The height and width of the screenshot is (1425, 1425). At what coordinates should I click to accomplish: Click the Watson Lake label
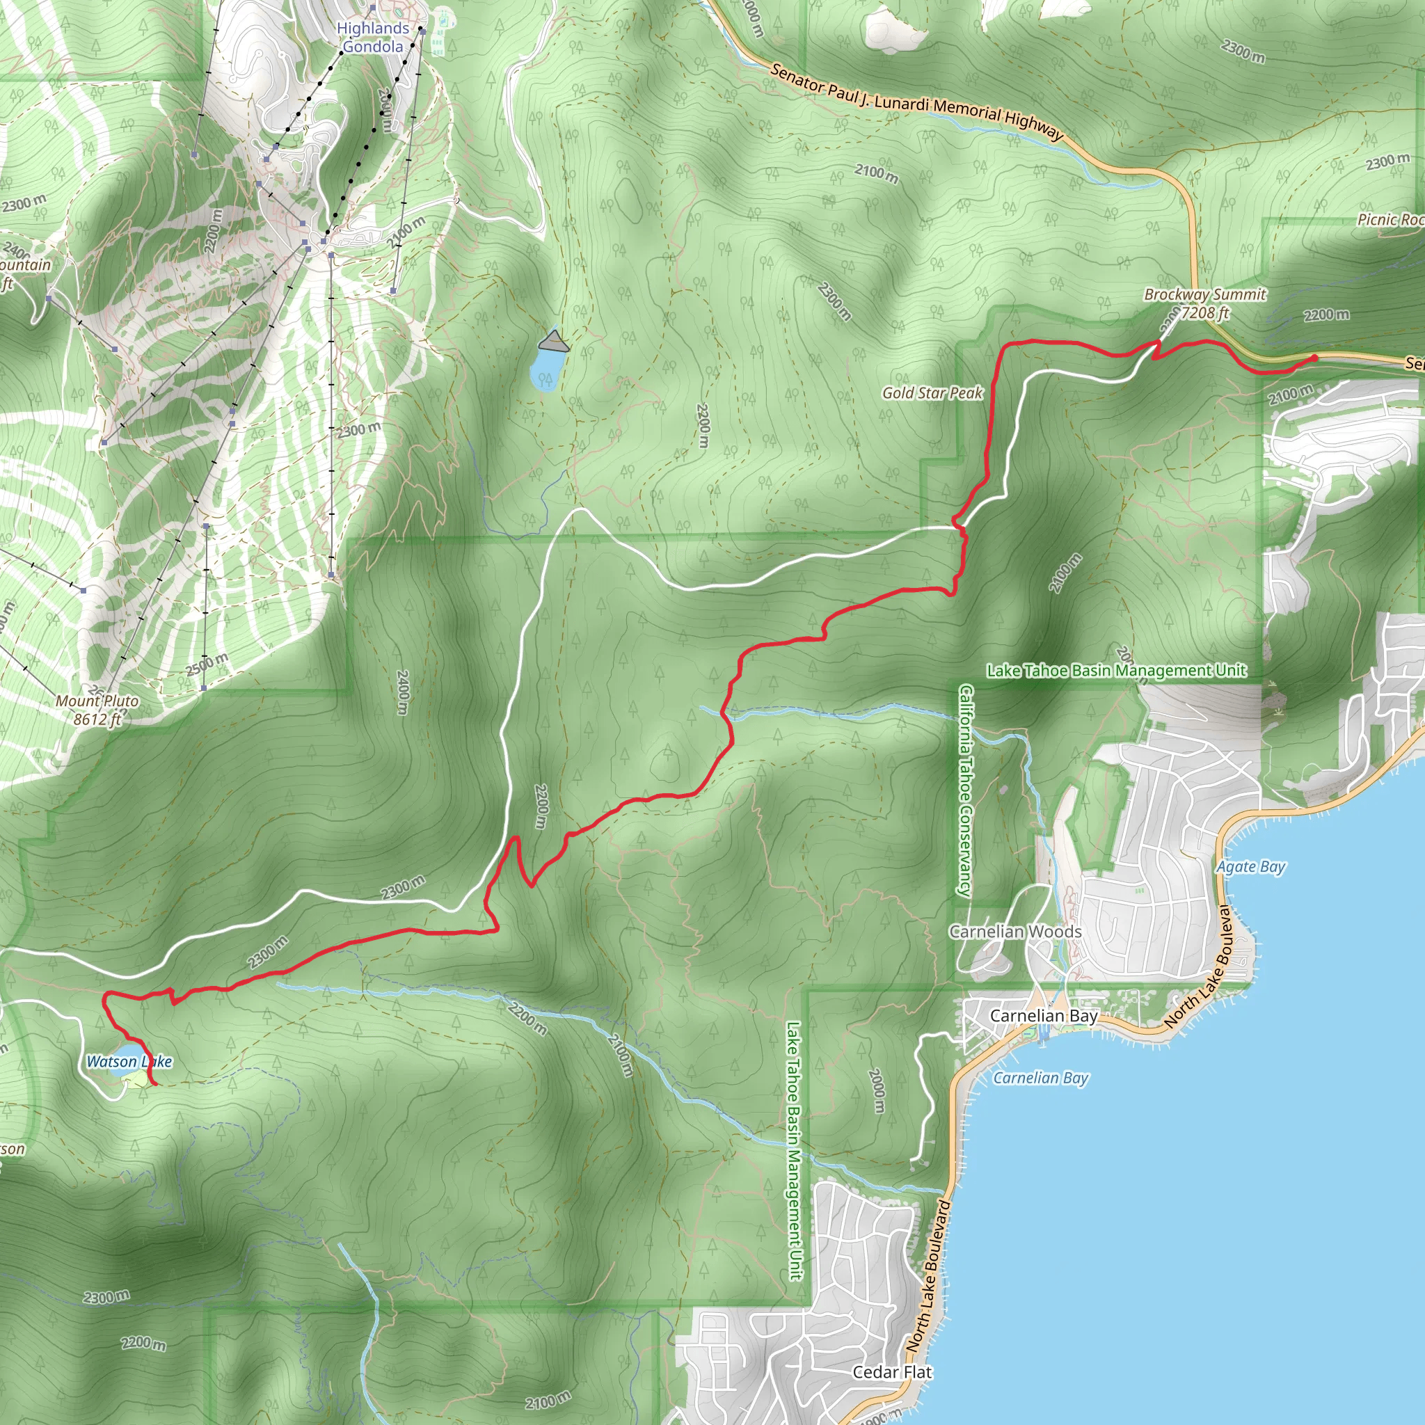129,1061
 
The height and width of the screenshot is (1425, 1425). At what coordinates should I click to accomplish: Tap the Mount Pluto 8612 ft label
97,710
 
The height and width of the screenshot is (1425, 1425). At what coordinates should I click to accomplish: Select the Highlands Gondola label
372,38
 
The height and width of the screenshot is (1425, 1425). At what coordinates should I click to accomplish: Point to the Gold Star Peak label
932,393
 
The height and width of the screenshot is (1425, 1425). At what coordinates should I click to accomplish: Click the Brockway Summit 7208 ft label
1204,304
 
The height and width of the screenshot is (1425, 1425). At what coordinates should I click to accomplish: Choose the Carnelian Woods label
1015,932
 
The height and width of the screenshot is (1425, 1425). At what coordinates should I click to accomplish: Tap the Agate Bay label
1250,867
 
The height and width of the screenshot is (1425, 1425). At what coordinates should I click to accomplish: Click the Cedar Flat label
892,1373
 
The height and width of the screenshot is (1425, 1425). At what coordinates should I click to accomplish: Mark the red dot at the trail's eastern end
1314,358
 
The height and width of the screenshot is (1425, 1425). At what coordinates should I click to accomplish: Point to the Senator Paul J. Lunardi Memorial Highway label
917,102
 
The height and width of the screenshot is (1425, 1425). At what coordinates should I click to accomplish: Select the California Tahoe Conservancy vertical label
966,790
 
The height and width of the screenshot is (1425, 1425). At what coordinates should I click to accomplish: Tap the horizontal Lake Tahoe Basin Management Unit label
1116,671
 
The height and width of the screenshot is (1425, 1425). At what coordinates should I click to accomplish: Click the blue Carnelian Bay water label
1041,1078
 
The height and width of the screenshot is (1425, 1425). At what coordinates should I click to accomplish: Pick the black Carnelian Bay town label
1044,1017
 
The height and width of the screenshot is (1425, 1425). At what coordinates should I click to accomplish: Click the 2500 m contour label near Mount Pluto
207,664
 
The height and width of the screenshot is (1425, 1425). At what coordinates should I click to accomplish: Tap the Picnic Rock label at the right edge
1391,220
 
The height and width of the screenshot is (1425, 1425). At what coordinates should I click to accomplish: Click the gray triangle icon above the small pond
554,342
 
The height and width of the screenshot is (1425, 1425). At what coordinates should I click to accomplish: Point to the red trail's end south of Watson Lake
156,1085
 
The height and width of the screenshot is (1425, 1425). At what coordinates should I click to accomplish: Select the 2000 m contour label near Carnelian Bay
876,1090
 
